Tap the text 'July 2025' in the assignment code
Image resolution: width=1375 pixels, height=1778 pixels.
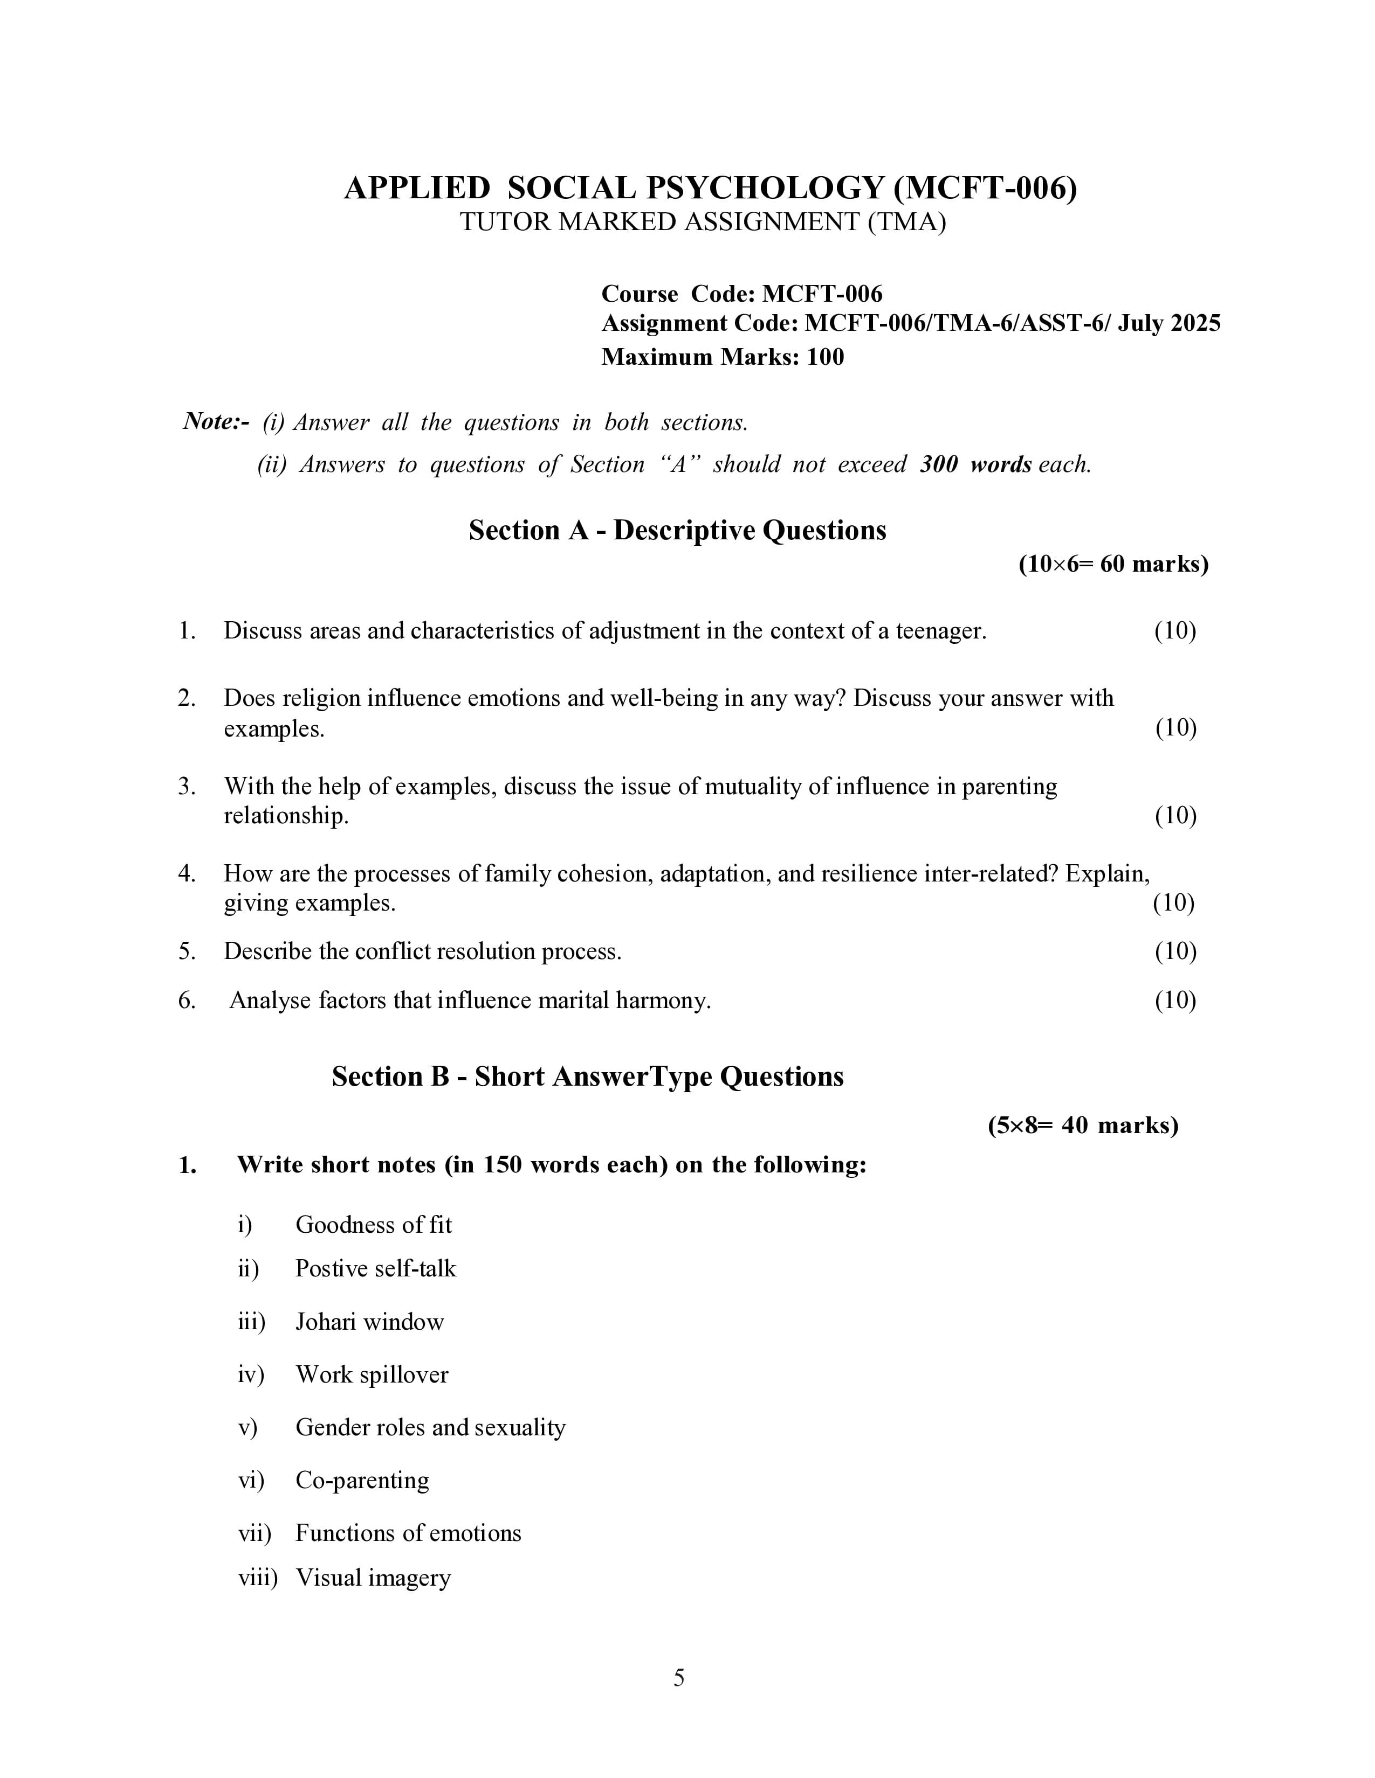(1169, 324)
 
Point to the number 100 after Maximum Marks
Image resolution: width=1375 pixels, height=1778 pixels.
(825, 357)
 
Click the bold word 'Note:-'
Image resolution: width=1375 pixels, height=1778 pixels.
(216, 422)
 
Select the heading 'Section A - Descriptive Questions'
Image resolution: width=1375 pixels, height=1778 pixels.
(677, 531)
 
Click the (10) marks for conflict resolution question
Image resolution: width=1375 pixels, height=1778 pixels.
(1174, 951)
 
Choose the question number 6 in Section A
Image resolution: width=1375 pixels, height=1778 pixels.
(187, 1001)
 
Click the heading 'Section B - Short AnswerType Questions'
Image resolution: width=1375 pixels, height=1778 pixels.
(587, 1077)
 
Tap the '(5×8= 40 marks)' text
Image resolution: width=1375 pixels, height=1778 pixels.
(1083, 1126)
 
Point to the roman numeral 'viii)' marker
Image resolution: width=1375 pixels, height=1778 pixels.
(257, 1578)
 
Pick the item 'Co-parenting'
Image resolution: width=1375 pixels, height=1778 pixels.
(362, 1480)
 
